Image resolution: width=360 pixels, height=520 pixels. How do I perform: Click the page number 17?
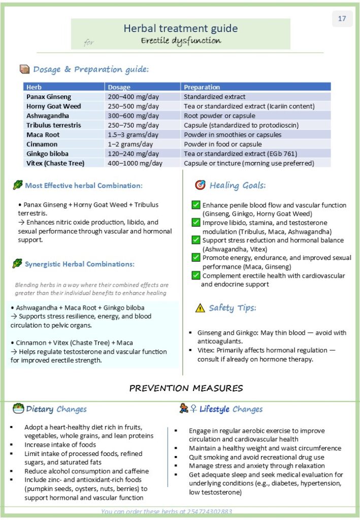point(342,19)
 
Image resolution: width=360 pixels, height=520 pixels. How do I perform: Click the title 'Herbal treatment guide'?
point(181,28)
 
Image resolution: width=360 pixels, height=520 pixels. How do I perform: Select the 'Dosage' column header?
point(119,87)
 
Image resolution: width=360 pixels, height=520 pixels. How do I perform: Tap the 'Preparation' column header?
point(202,87)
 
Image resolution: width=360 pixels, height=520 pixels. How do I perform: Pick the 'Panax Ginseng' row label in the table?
point(49,96)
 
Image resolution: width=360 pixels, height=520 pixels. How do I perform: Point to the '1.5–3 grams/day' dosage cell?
point(133,135)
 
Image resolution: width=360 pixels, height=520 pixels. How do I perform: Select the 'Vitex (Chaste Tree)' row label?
point(55,163)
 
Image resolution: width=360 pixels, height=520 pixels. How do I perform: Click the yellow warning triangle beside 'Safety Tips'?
point(200,308)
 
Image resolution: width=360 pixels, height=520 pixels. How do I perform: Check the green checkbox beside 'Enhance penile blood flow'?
point(196,205)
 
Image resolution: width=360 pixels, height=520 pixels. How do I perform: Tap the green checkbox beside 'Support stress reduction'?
point(196,240)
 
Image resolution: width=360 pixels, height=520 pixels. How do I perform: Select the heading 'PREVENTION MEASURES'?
point(186,388)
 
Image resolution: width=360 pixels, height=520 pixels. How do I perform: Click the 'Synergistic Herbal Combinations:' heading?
point(80,264)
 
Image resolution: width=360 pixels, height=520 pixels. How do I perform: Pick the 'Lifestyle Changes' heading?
point(231,409)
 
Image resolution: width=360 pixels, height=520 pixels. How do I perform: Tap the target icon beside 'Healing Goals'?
point(200,185)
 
